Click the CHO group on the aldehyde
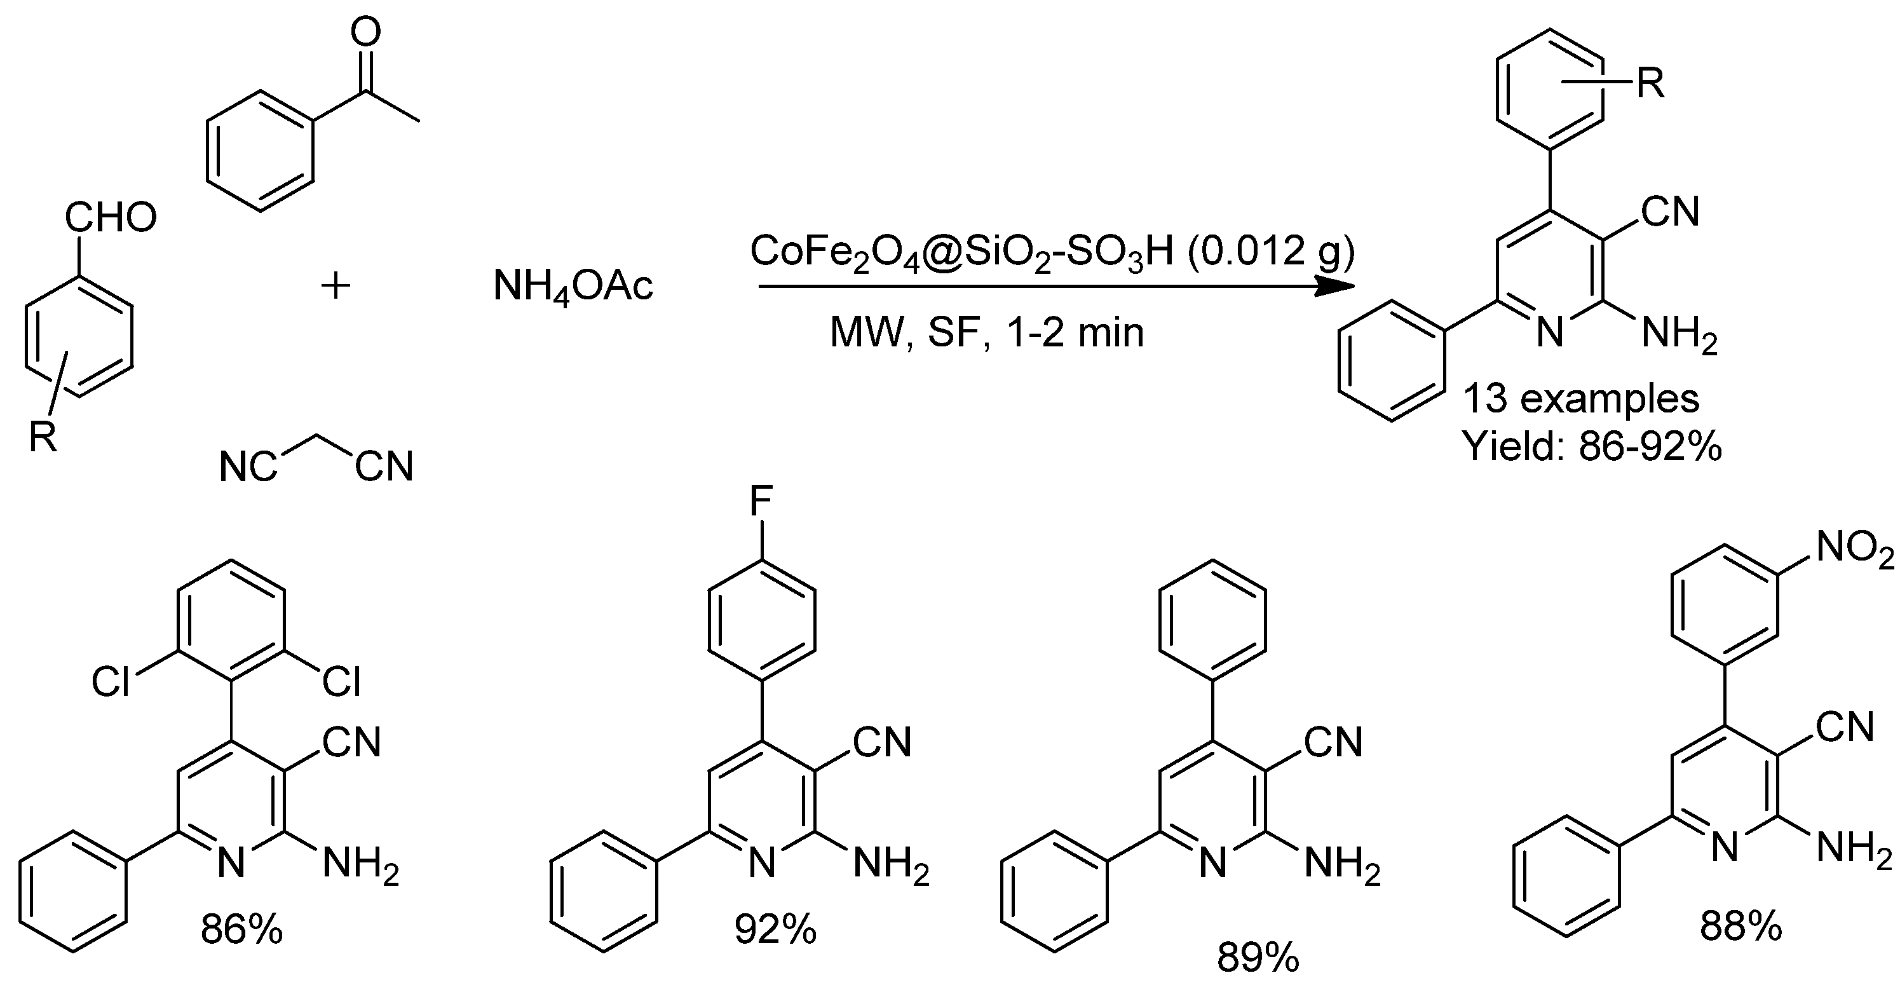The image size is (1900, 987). click(x=111, y=217)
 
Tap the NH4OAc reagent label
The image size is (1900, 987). click(x=573, y=286)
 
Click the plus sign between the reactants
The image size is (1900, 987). click(x=336, y=286)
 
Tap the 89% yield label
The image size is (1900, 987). click(x=1258, y=958)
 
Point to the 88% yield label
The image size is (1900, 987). click(x=1741, y=926)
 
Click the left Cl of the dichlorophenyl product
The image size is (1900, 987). click(x=110, y=683)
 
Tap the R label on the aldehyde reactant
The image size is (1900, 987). click(x=43, y=437)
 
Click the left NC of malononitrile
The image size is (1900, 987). click(x=248, y=467)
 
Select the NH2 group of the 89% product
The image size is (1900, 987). click(x=1341, y=863)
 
